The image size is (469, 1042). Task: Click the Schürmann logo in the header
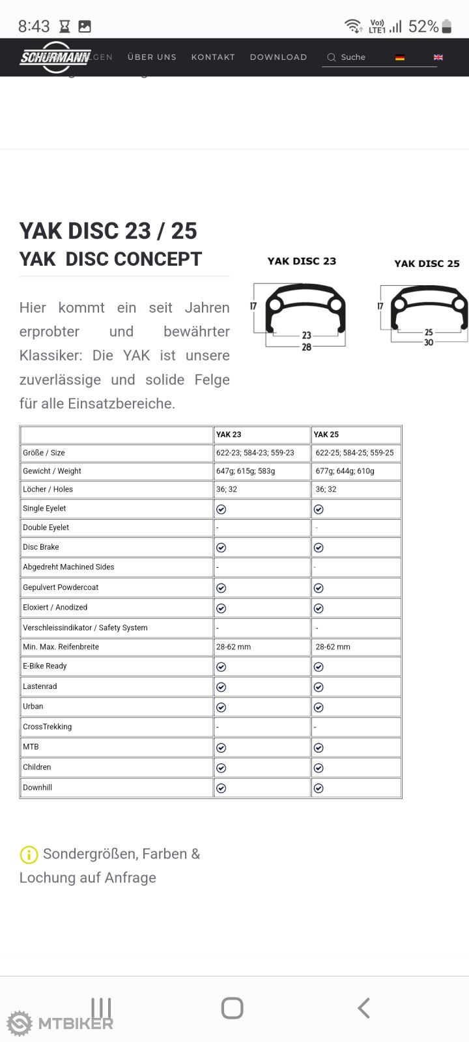pos(55,57)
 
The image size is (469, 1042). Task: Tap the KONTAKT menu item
pos(213,57)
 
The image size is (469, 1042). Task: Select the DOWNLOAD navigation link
pos(278,57)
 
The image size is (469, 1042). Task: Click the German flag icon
pos(400,57)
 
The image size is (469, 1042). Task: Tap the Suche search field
pos(355,57)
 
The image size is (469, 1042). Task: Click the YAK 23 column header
pos(229,434)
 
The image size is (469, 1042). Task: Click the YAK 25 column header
pos(326,434)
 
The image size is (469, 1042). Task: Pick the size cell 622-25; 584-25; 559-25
pos(354,453)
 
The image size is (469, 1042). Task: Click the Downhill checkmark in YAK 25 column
pos(319,789)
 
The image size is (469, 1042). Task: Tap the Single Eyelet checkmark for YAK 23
pos(221,509)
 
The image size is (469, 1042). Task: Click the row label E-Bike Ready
pos(45,666)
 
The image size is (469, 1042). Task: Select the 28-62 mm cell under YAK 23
pos(233,647)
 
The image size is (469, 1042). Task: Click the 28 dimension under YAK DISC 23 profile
pos(306,347)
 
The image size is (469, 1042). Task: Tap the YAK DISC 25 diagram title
pos(427,264)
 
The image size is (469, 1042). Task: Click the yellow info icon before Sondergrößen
pos(29,854)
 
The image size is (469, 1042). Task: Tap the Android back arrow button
pos(363,1008)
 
